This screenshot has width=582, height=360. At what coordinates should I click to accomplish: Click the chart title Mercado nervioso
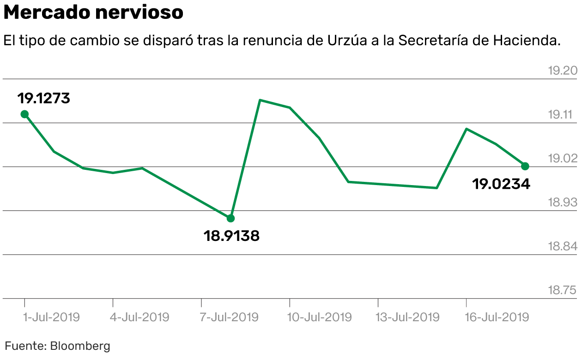click(93, 13)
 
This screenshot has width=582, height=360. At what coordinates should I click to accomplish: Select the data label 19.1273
click(44, 98)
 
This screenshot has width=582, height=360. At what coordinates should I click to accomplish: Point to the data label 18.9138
click(231, 236)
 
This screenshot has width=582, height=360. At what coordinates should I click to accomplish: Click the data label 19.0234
click(501, 184)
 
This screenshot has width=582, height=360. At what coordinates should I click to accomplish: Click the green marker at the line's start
click(25, 114)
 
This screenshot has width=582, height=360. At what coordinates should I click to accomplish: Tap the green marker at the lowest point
click(230, 218)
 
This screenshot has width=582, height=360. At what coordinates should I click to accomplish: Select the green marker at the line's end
click(525, 166)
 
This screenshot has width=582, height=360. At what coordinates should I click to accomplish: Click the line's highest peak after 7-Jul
click(260, 100)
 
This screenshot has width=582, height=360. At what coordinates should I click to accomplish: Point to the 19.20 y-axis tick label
click(562, 71)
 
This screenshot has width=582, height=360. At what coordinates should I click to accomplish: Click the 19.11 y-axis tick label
click(562, 114)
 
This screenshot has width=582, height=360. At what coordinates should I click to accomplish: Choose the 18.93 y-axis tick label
click(562, 202)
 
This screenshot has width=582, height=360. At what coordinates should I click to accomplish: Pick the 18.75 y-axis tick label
click(562, 290)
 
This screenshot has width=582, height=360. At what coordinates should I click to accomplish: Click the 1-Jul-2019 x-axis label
click(51, 318)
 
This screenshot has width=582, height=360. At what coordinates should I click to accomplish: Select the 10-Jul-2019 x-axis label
click(319, 318)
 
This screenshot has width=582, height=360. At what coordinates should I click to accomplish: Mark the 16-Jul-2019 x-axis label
click(497, 318)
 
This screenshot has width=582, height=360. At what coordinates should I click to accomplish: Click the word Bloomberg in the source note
click(80, 346)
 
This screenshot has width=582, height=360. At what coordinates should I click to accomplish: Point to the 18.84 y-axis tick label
click(562, 246)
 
